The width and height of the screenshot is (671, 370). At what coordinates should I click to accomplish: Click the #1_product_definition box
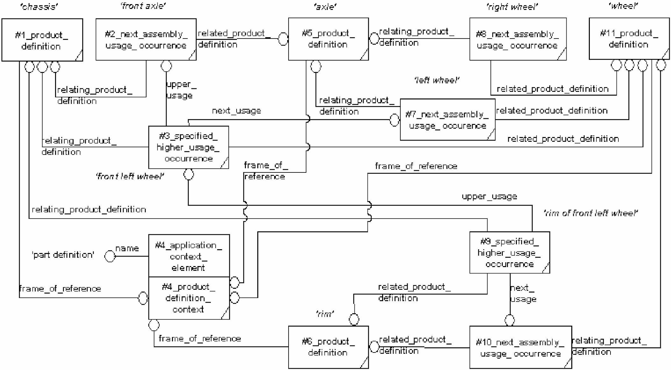coord(42,40)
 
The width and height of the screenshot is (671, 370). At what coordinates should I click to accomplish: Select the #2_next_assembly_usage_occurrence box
coord(146,39)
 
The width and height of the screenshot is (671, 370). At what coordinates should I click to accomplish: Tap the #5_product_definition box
coord(328,39)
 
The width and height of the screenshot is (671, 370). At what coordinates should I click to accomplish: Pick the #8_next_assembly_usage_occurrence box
coord(518,39)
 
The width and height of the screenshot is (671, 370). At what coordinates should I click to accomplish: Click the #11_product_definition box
coord(629,39)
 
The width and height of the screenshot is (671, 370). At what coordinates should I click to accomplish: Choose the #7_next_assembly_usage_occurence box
coord(447,120)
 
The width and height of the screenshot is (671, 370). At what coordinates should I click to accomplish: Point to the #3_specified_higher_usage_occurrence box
coord(189,147)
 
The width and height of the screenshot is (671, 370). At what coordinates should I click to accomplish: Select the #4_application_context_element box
coord(189,256)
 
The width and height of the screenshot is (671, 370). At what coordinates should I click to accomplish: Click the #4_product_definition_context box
coord(189,298)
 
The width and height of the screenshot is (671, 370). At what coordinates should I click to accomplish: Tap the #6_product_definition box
coord(328,347)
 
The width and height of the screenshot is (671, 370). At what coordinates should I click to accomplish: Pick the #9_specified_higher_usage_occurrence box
coord(510,252)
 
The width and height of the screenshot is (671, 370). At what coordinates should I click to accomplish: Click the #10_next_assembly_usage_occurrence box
coord(520,347)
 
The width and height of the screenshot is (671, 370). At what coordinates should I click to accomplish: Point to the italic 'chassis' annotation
coord(39,7)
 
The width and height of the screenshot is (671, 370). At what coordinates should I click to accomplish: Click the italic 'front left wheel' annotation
coord(130,176)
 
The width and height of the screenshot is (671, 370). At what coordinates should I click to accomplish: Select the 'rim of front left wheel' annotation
coord(591,213)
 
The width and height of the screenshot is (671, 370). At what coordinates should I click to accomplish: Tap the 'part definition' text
coord(63,255)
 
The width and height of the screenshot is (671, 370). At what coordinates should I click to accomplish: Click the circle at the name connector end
coord(110,256)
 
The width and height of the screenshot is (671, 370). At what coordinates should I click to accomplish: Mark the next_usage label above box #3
coord(236,111)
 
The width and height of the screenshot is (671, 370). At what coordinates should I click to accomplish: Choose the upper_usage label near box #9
coord(489,197)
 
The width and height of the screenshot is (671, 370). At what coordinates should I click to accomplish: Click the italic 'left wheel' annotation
coord(437,80)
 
